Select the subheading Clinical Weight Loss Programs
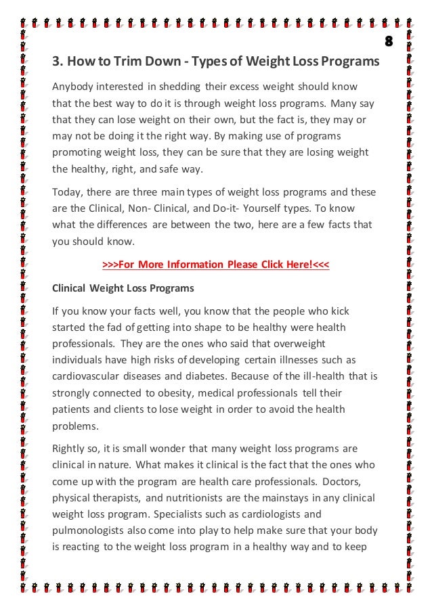(123, 288)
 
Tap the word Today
(66, 193)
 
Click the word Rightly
(69, 449)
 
